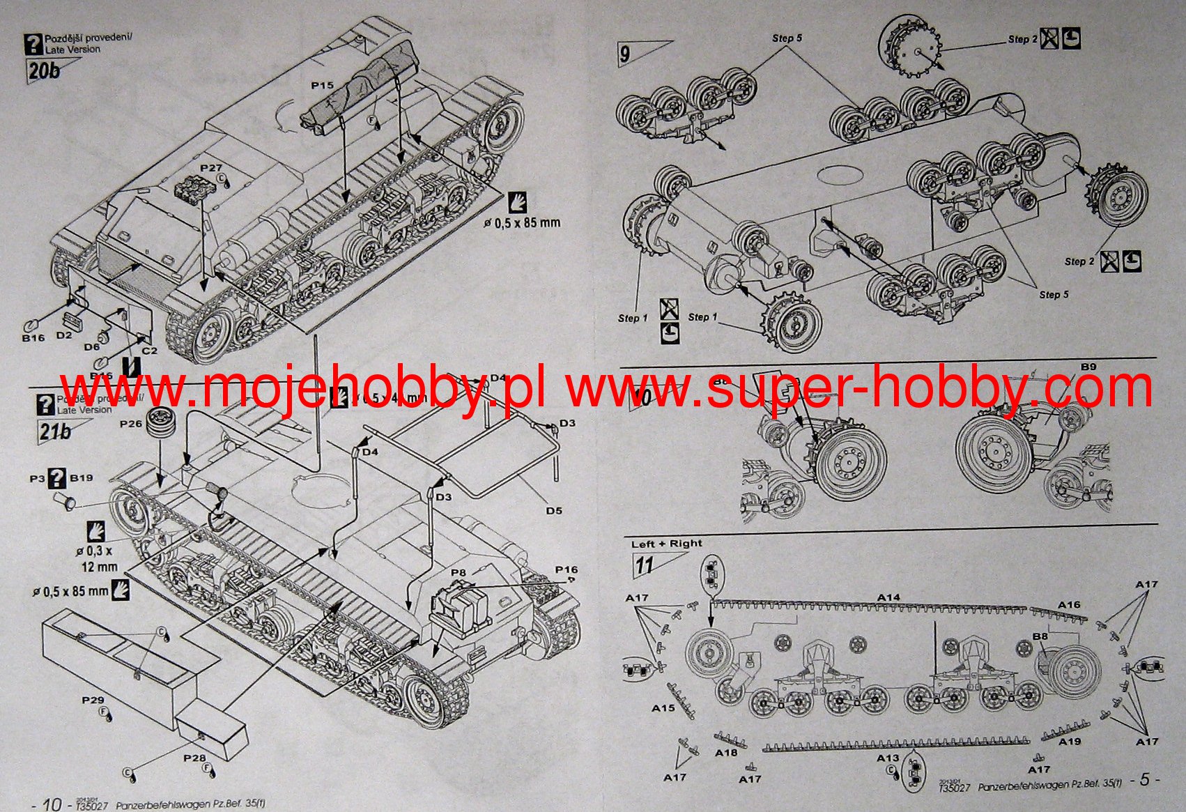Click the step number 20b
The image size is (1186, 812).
point(44,70)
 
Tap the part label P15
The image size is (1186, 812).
point(322,85)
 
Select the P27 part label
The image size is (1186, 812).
point(210,168)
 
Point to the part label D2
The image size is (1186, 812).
point(64,335)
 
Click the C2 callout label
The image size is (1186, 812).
point(149,351)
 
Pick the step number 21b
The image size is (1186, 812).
point(55,431)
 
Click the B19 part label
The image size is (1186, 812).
point(82,478)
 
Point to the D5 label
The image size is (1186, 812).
point(553,511)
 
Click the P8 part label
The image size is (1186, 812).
point(458,573)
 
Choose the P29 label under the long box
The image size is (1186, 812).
point(93,700)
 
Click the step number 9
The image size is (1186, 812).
point(625,54)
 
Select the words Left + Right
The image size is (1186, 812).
point(666,544)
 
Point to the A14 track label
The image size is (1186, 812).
point(888,597)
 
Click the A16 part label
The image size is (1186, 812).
point(1069,604)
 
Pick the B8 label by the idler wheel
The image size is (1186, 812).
point(1040,636)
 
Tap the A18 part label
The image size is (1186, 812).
point(726,753)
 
